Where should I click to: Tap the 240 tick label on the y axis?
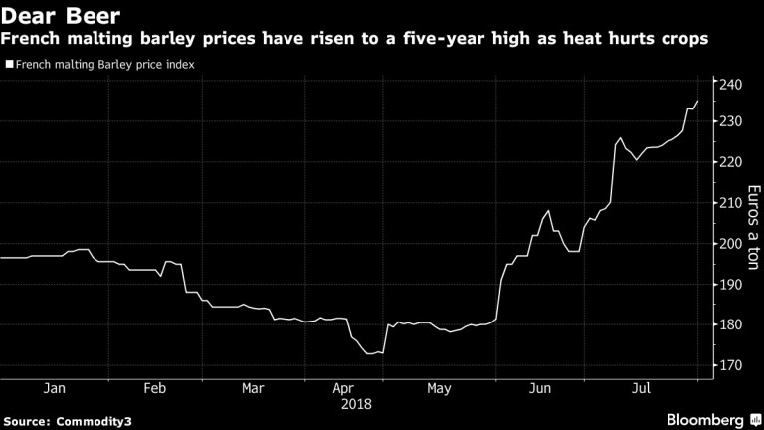pos(733,84)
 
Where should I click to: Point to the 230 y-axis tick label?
pos(733,121)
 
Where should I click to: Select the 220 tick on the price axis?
pos(733,162)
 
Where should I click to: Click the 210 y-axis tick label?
pos(733,203)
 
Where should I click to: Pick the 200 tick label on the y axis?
pos(733,244)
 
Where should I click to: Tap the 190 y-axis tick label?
pos(733,285)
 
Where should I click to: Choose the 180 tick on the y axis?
pos(733,325)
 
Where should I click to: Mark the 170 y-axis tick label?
pos(733,366)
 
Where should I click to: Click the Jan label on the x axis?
pos(56,388)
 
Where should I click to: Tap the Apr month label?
pos(343,388)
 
